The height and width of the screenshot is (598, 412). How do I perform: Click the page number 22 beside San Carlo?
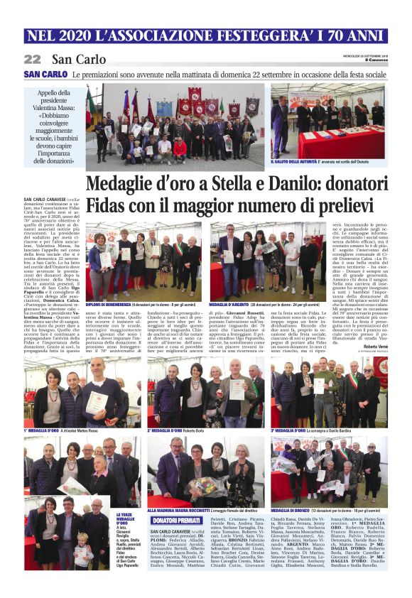(x=33, y=59)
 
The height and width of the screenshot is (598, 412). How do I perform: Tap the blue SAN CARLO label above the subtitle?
(x=45, y=75)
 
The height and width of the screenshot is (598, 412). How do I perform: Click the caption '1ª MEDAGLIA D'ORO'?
(x=44, y=430)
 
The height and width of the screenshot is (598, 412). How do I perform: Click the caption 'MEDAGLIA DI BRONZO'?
(x=295, y=510)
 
